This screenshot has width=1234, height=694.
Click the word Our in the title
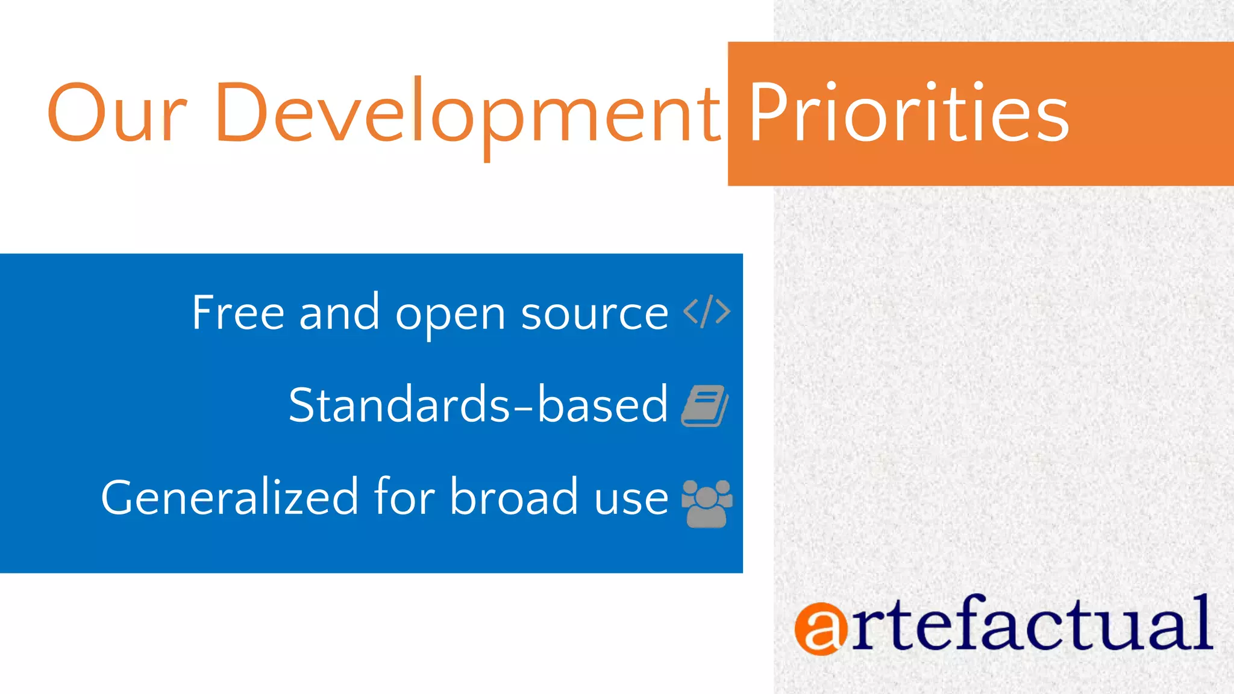[117, 113]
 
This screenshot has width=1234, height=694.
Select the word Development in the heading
[468, 114]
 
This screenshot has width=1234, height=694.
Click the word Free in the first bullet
[238, 313]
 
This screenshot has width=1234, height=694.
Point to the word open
[449, 316]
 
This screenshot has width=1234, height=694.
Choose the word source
[594, 314]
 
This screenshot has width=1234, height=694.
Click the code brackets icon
[707, 311]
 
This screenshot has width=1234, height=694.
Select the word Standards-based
[478, 404]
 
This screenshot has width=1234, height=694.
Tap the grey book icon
[705, 405]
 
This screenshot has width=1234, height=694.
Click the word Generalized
[230, 498]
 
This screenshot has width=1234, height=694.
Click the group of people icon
[707, 504]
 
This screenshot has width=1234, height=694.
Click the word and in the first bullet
[339, 313]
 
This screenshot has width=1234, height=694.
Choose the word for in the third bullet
[404, 498]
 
